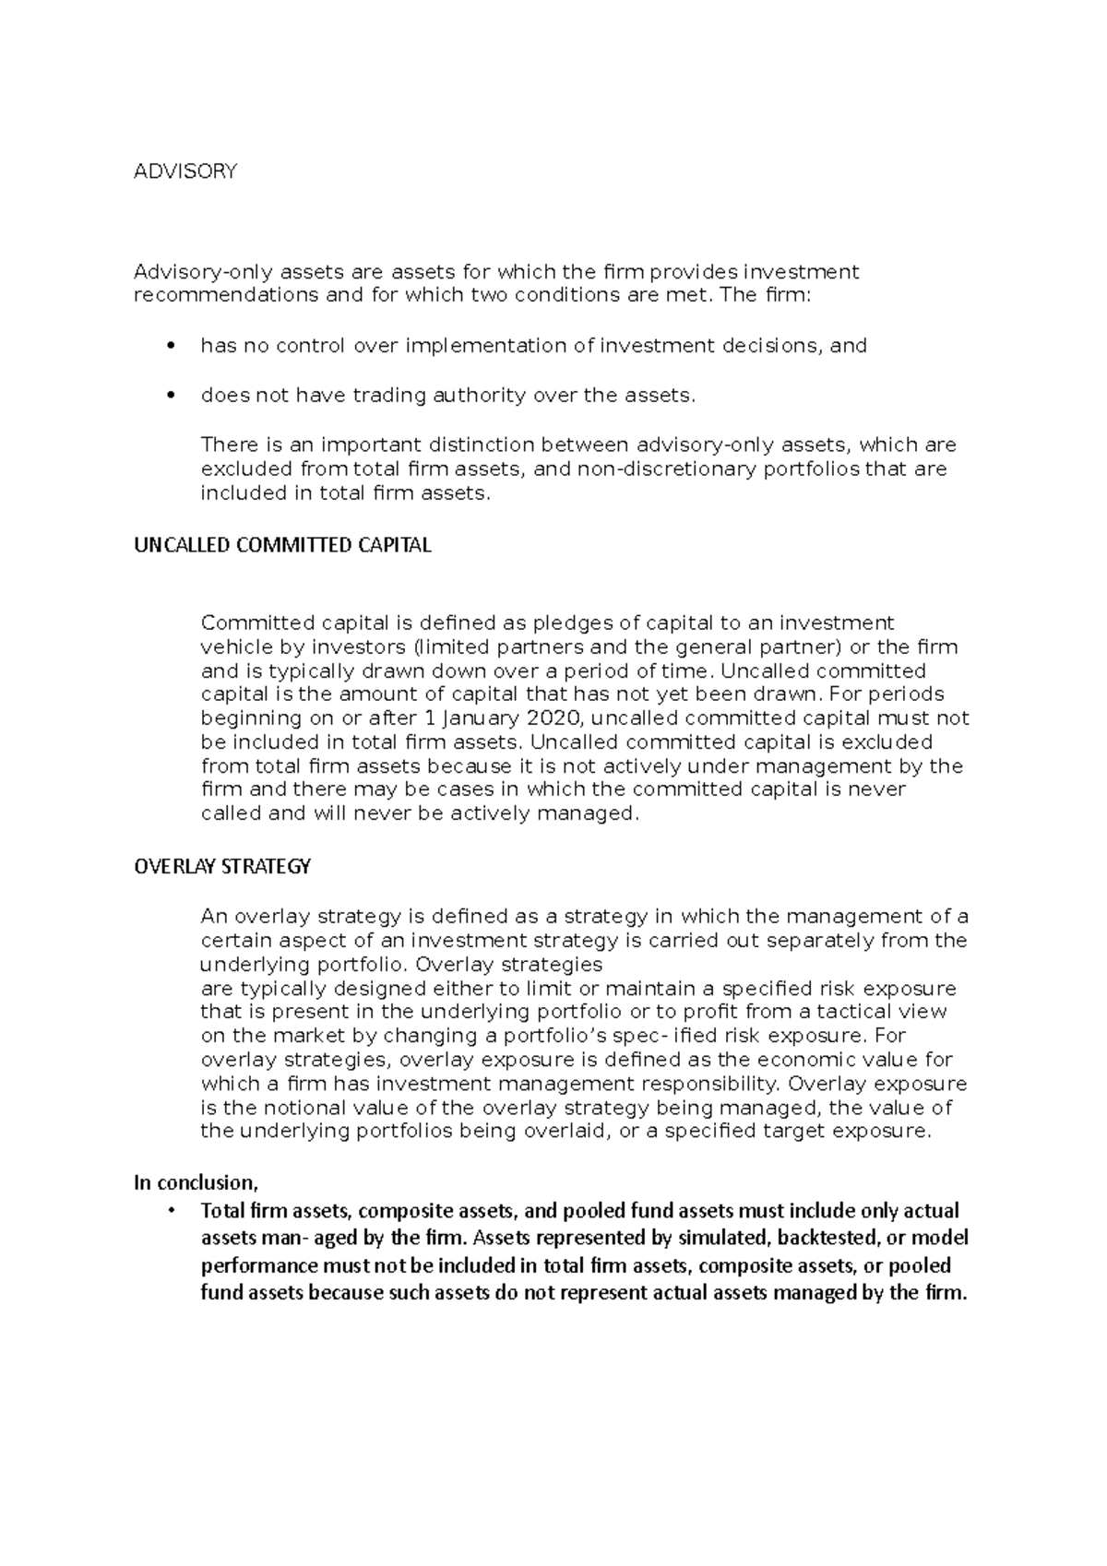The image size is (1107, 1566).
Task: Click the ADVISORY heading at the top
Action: click(185, 172)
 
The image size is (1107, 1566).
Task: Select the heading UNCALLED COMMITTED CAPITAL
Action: click(282, 545)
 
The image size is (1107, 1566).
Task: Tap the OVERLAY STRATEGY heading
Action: click(222, 867)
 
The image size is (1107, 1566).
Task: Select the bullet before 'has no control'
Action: click(167, 347)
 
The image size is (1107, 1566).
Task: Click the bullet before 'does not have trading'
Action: click(167, 397)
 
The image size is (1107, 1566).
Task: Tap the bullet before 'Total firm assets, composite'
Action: click(170, 1211)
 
